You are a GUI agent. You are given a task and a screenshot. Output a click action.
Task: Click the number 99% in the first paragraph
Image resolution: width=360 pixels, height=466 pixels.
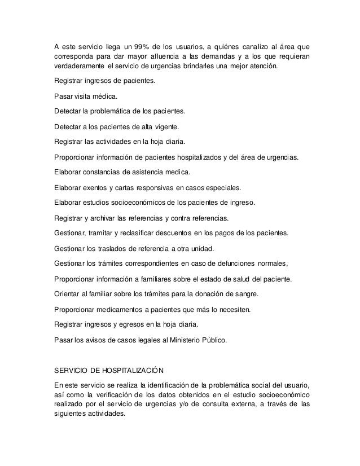pyautogui.click(x=153, y=46)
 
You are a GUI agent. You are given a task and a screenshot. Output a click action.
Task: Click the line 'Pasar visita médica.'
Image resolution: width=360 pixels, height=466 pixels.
pyautogui.click(x=83, y=96)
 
